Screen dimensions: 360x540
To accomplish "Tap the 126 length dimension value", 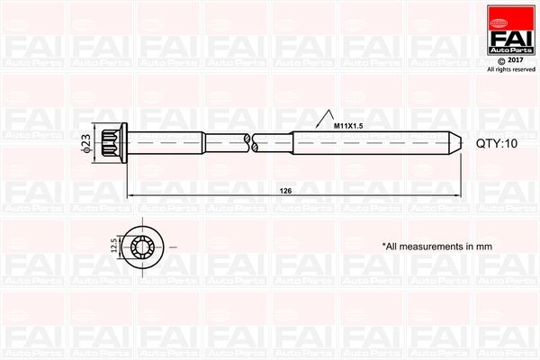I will [285, 192].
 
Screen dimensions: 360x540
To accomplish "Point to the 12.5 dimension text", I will [112, 246].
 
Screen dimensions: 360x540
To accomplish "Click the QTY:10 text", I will [498, 142].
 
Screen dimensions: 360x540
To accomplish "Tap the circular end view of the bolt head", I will [144, 245].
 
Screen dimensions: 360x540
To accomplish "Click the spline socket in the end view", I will [144, 245].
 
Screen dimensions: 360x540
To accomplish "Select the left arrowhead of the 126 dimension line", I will [130, 196].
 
